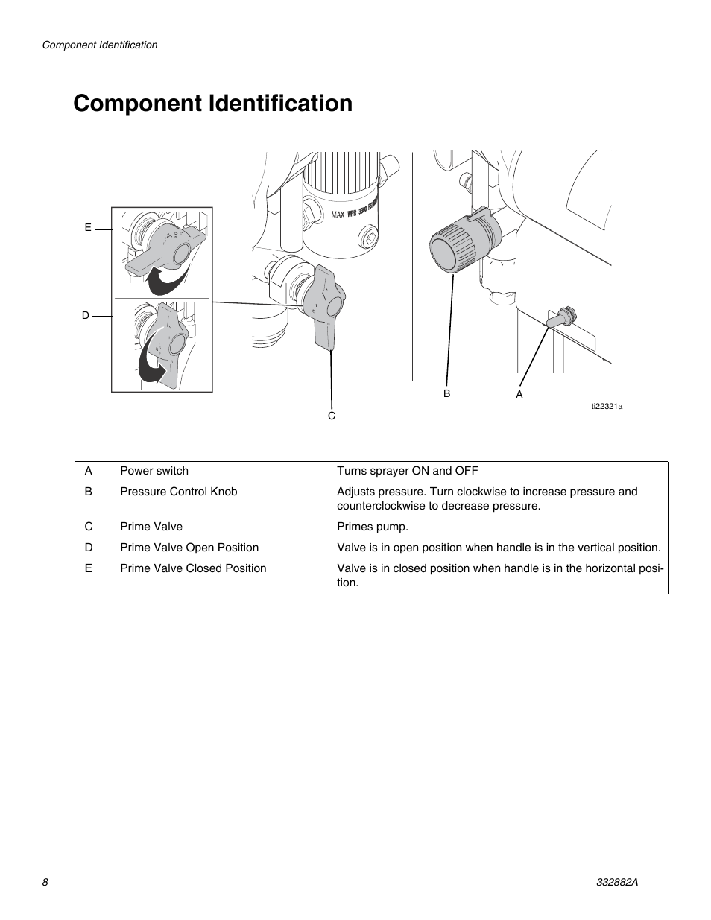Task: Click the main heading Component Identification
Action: click(212, 104)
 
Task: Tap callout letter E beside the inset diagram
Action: click(88, 227)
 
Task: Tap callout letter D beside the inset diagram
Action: click(86, 315)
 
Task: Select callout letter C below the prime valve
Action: click(332, 415)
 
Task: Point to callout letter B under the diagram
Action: click(447, 393)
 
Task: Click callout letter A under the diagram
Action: click(519, 394)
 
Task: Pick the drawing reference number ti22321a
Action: click(607, 406)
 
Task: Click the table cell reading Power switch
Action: click(154, 471)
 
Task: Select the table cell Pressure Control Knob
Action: click(179, 492)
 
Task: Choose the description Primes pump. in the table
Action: click(373, 527)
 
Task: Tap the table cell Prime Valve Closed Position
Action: click(193, 568)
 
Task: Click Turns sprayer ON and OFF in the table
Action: click(408, 471)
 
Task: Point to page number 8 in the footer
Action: click(45, 882)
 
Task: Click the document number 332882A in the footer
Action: click(618, 882)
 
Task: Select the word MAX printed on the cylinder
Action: click(338, 215)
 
